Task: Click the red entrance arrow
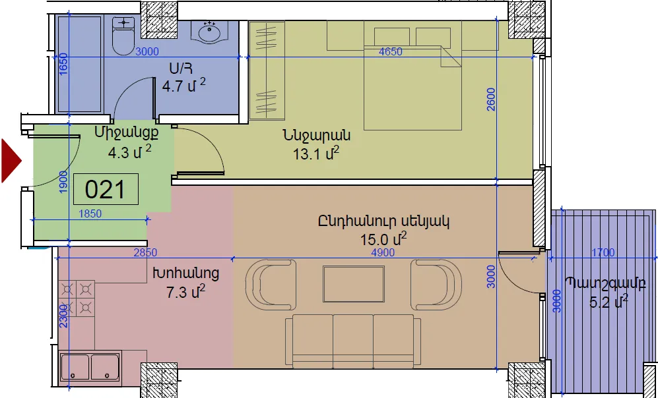point(11,161)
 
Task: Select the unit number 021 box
point(106,189)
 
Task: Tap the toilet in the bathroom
point(123,36)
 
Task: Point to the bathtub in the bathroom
point(79,64)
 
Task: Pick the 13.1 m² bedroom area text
point(316,154)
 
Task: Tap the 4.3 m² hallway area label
point(129,152)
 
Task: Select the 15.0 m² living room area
point(383,239)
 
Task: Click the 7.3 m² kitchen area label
point(186,291)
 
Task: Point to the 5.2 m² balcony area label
point(609,301)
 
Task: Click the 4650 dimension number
point(390,51)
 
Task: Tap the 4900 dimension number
point(383,252)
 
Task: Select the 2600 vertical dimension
point(491,99)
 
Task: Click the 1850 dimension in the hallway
point(90,213)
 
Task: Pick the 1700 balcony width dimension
point(603,252)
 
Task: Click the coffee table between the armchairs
point(353,283)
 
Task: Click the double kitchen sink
point(90,368)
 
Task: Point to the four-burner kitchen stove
point(77,298)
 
